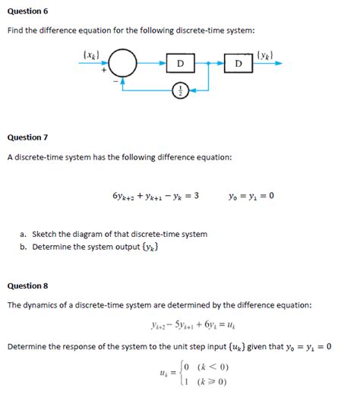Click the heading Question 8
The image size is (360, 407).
27,286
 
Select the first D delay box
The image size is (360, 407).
180,63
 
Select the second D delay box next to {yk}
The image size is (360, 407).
239,63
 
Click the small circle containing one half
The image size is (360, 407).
180,90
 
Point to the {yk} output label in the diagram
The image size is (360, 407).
267,55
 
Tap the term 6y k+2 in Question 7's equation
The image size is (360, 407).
125,196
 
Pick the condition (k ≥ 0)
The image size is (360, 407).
213,382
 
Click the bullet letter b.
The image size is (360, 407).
24,246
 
